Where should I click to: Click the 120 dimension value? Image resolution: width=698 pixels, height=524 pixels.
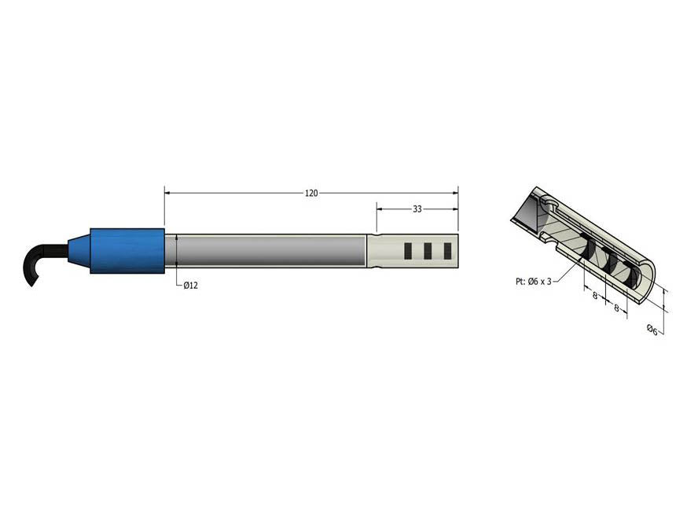point(311,194)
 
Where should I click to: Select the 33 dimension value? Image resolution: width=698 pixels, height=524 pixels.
point(417,209)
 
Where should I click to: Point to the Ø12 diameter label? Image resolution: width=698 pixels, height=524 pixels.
point(190,285)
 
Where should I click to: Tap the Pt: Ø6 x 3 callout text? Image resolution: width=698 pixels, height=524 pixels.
point(533,282)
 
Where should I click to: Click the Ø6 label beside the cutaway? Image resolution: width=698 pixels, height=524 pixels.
point(652,330)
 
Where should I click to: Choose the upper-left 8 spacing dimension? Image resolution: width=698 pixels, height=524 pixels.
point(595,295)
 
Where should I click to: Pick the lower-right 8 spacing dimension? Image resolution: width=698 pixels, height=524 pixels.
point(616,308)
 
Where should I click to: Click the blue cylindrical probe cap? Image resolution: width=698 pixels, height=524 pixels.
point(127,251)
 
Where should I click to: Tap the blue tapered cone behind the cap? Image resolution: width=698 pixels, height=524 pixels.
point(79,251)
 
